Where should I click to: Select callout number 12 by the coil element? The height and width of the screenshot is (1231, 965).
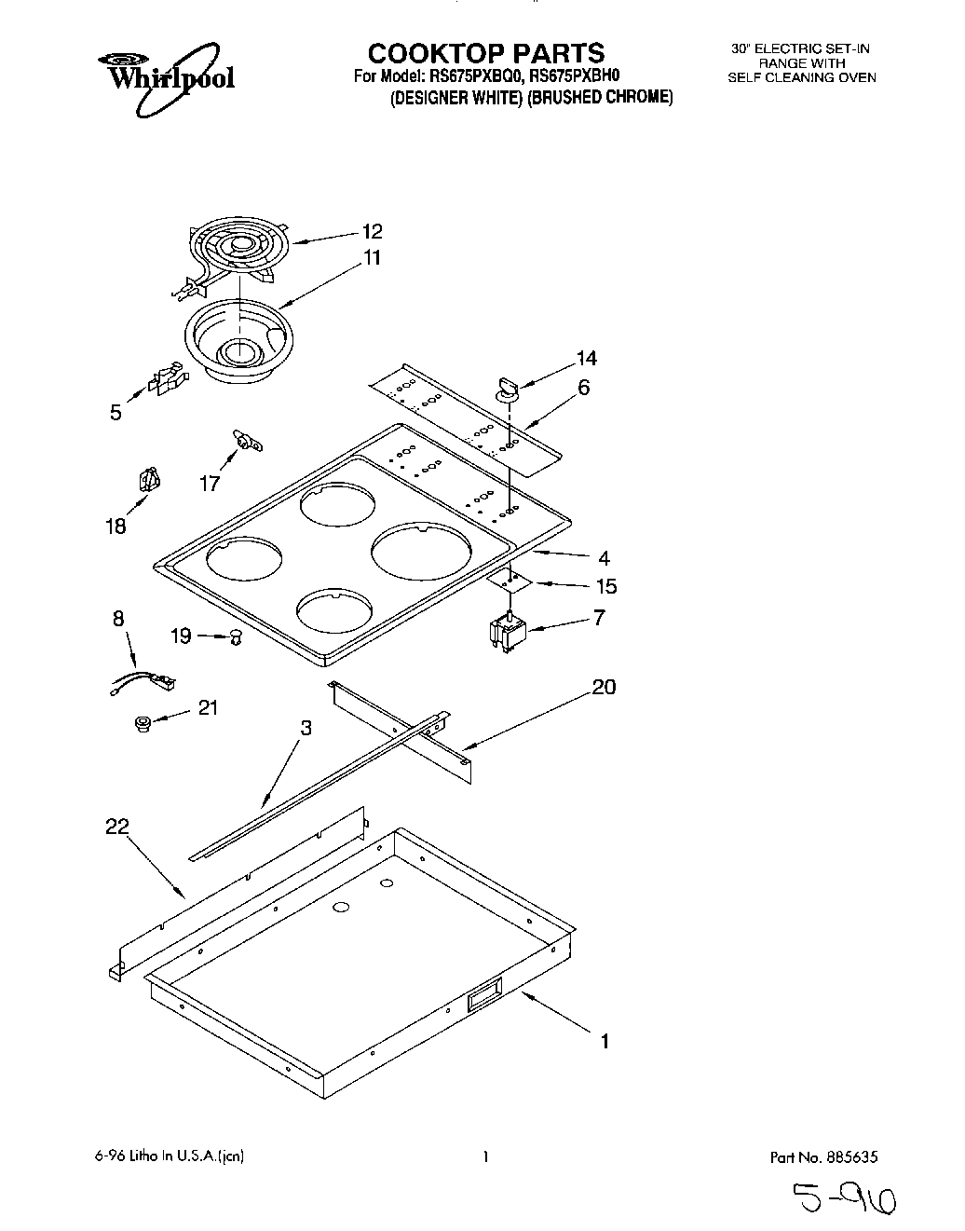[x=372, y=231]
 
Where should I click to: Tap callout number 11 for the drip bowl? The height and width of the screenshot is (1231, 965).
[x=372, y=258]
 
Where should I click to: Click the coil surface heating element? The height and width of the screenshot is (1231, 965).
[x=236, y=249]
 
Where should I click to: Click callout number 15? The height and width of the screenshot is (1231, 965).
[x=605, y=586]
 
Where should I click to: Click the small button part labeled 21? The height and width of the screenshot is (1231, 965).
[x=143, y=723]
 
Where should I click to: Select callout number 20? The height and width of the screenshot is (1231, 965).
[x=604, y=687]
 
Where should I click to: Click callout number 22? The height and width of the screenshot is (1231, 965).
[x=117, y=826]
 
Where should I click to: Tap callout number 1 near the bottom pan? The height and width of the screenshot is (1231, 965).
[x=605, y=1041]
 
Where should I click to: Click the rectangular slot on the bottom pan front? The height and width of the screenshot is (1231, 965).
[x=483, y=993]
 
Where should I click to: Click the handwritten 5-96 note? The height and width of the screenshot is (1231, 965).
[x=843, y=1200]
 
